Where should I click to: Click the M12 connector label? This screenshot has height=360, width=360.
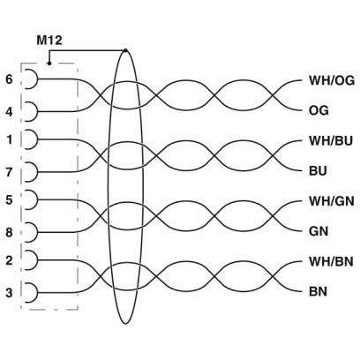[49, 40]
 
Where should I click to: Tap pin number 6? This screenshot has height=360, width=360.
[9, 79]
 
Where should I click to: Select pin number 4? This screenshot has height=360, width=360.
[10, 112]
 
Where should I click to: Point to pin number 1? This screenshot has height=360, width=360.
[10, 139]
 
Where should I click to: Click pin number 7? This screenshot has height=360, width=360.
[10, 172]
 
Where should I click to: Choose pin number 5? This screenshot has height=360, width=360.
[10, 199]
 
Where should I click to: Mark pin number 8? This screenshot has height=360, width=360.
[10, 232]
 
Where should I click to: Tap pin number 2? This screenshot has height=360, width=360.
[10, 260]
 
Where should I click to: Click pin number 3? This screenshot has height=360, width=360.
[10, 293]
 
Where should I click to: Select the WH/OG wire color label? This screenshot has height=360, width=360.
[332, 80]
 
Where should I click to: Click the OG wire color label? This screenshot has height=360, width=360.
[319, 111]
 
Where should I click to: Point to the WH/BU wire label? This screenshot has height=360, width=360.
[331, 141]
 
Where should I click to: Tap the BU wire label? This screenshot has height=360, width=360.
[318, 171]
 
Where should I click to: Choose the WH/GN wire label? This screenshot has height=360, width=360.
[331, 201]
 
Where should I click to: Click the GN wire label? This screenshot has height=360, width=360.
[319, 231]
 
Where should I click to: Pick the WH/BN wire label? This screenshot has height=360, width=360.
[331, 261]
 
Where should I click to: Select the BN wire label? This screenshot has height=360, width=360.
[318, 292]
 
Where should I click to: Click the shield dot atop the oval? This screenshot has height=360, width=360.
[126, 50]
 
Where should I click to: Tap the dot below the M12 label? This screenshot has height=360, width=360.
[49, 64]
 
